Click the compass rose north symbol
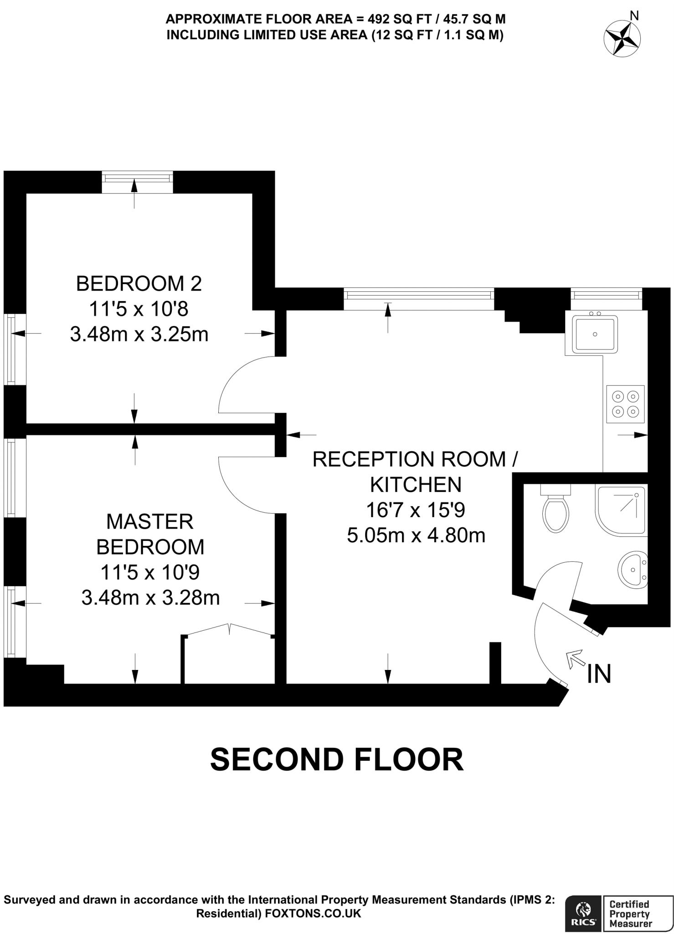[622, 39]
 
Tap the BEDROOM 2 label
[139, 284]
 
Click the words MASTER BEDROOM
[150, 534]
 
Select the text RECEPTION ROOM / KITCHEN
[415, 472]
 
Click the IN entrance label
[599, 674]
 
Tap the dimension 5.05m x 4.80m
[416, 535]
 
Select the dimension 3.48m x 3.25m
[139, 335]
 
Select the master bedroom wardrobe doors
[229, 630]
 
